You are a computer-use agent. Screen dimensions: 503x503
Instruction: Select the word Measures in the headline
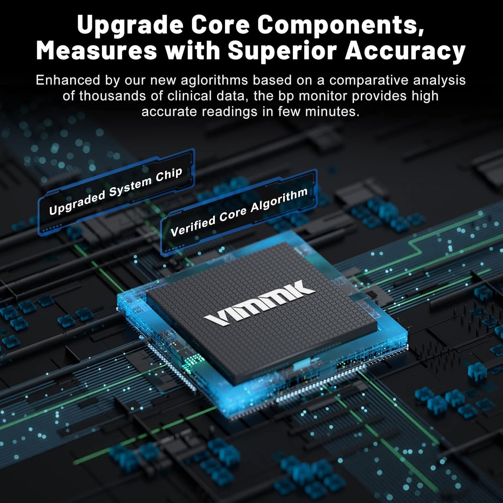click(97, 51)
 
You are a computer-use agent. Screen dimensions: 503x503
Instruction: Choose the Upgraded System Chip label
click(116, 191)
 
